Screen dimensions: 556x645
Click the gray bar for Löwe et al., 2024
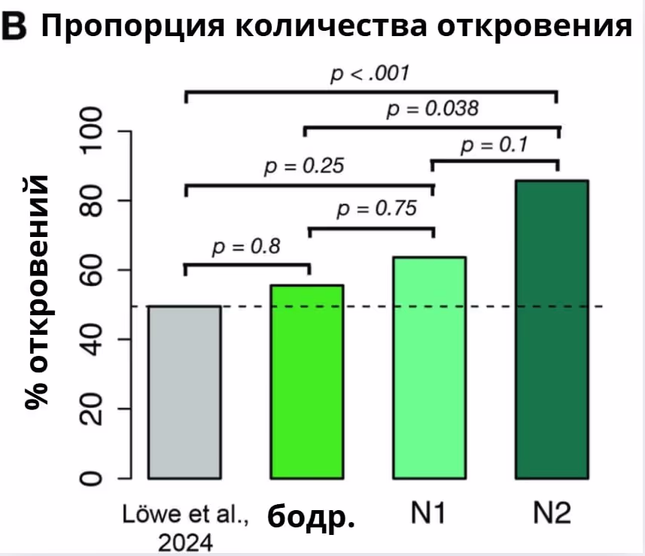tap(184, 392)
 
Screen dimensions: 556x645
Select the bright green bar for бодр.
tap(306, 381)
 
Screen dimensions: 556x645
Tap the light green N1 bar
tap(429, 367)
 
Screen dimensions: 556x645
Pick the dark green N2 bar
tap(552, 330)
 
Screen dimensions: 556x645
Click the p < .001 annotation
tap(370, 74)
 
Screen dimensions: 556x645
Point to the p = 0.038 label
tap(432, 110)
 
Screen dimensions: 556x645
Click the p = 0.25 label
tap(304, 166)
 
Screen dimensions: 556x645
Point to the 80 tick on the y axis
tap(92, 200)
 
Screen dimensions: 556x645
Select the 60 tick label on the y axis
tap(92, 270)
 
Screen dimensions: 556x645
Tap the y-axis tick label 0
tap(92, 479)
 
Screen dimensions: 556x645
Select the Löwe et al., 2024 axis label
tap(184, 528)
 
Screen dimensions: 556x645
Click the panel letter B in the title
tap(16, 28)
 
